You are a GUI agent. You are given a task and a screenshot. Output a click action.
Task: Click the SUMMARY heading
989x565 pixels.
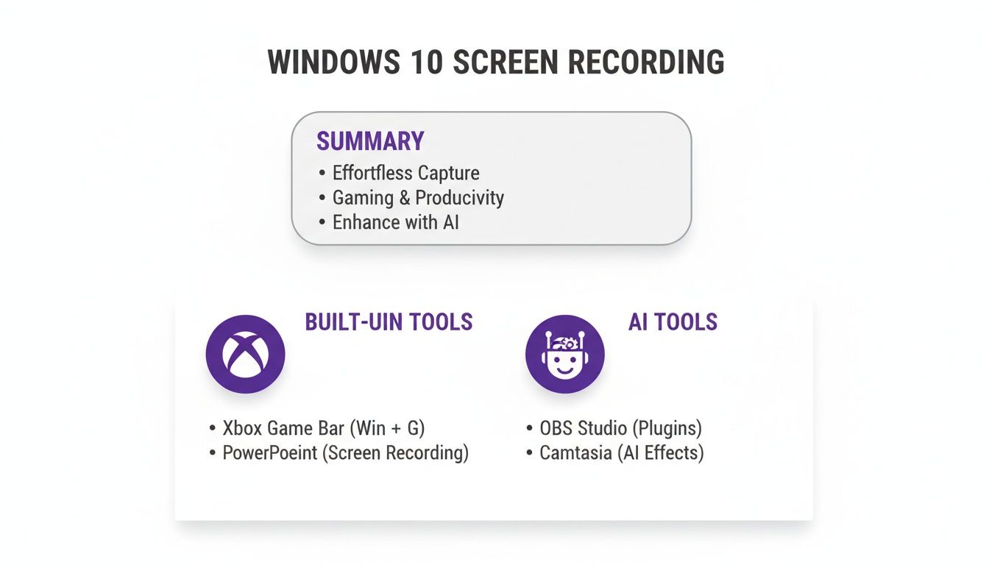pyautogui.click(x=370, y=141)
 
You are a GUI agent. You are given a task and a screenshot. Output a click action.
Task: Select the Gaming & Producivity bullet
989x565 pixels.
pyautogui.click(x=418, y=198)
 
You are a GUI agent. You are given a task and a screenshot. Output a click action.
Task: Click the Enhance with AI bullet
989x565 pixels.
pyautogui.click(x=395, y=222)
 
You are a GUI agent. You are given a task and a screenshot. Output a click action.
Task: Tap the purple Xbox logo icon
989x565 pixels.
pyautogui.click(x=245, y=354)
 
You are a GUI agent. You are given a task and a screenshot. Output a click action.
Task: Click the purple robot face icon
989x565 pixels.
pyautogui.click(x=564, y=354)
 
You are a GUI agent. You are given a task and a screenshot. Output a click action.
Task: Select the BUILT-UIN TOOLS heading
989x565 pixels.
pyautogui.click(x=389, y=321)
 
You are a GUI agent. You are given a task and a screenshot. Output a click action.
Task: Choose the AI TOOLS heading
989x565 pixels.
pyautogui.click(x=673, y=321)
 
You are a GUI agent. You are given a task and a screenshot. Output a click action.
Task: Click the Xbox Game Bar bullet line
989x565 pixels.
pyautogui.click(x=324, y=428)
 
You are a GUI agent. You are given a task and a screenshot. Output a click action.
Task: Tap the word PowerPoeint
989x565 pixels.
pyautogui.click(x=270, y=453)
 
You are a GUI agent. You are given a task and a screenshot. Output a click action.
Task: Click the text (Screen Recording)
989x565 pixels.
pyautogui.click(x=395, y=453)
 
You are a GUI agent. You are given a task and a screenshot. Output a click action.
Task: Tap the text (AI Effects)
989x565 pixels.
pyautogui.click(x=660, y=453)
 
